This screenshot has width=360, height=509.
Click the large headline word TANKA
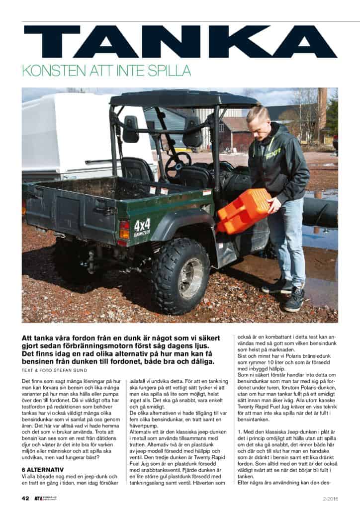click(x=180, y=42)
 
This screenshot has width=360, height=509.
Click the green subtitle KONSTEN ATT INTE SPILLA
click(x=106, y=71)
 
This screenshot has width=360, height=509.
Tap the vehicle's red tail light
click(x=124, y=230)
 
